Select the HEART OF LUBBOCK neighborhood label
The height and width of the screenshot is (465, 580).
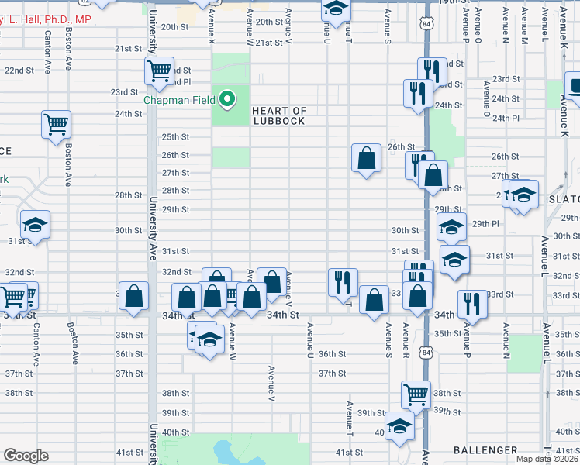[x=279, y=115]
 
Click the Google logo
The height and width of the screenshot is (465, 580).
[x=26, y=456]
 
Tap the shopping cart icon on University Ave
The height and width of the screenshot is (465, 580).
[x=159, y=71]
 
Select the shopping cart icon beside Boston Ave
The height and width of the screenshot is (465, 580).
[x=57, y=124]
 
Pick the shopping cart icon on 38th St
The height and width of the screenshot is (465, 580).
[x=416, y=394]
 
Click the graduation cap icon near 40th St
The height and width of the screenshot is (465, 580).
[x=400, y=425]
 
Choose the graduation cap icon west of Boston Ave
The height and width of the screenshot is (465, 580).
[x=35, y=225]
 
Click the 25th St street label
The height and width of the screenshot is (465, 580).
[x=175, y=136]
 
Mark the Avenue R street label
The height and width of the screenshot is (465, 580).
[x=405, y=332]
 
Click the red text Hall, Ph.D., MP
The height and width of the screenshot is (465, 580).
[x=46, y=19]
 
